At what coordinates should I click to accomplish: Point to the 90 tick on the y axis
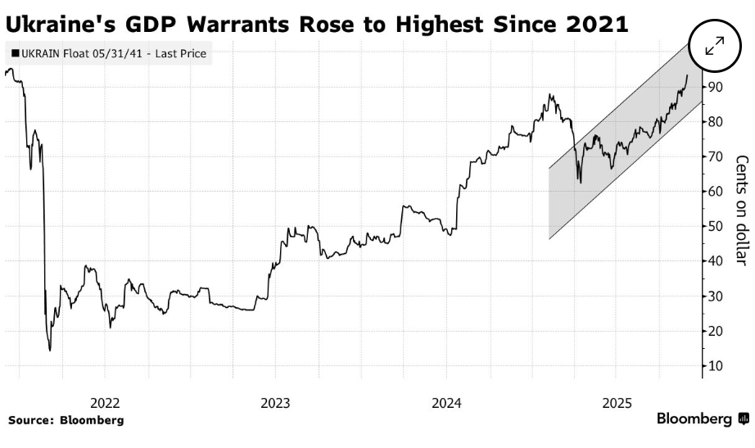click(x=716, y=87)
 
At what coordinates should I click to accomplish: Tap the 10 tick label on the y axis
click(x=716, y=366)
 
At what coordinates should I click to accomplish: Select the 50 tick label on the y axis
click(x=716, y=227)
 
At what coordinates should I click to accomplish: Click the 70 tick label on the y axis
click(x=716, y=156)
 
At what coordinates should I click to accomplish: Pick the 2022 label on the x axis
click(x=105, y=403)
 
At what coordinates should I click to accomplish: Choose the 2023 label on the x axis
click(x=275, y=403)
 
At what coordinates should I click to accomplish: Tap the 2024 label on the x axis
click(x=446, y=403)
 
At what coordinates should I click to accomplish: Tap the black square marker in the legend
click(x=15, y=55)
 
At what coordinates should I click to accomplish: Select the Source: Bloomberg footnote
click(x=66, y=420)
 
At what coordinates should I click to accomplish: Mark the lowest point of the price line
click(x=50, y=351)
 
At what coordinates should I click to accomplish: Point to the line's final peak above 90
click(x=686, y=75)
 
